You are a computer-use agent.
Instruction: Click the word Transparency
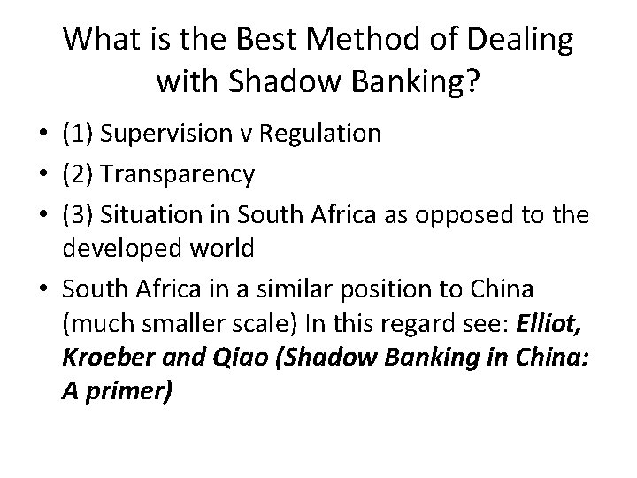(178, 174)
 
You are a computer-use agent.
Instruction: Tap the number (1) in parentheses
(78, 134)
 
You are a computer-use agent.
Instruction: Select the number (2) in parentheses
(78, 174)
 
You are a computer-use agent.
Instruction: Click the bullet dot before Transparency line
(42, 175)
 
